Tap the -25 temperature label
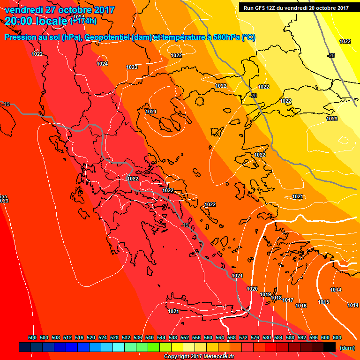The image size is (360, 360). [x=331, y=55]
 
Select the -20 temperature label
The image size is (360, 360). [x=254, y=96]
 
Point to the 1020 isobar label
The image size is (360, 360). [x=252, y=289]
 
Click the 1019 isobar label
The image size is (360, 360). [x=265, y=294]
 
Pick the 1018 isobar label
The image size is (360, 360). [x=276, y=298]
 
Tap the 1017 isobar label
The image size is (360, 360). [x=288, y=300]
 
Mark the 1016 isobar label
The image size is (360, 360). [x=301, y=306]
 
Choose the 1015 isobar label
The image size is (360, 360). [x=323, y=302]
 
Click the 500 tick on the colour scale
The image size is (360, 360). [x=32, y=337]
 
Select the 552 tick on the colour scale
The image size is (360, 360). [x=185, y=337]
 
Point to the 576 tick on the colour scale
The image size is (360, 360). [x=255, y=337]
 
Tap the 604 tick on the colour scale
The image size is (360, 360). [x=337, y=337]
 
